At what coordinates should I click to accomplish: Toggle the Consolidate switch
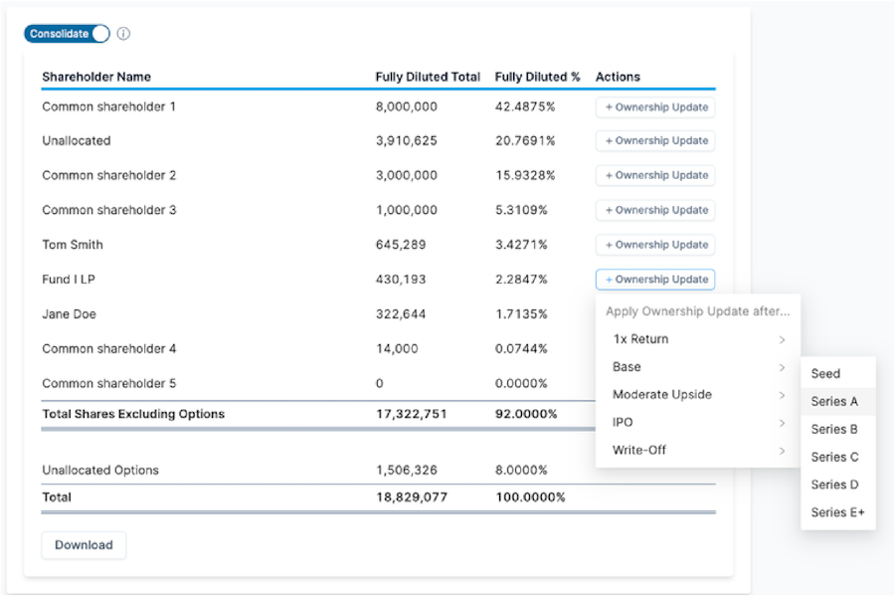click(67, 34)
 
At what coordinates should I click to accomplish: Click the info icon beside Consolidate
click(123, 34)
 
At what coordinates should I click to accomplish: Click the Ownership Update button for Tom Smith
click(655, 245)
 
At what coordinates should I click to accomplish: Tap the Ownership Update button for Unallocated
click(655, 141)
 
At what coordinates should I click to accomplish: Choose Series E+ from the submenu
click(838, 512)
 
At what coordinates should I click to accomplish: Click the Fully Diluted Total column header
click(428, 77)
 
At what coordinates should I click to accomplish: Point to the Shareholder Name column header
click(96, 77)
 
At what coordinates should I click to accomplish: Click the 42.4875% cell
click(525, 106)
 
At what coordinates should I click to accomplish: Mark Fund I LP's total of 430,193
click(401, 280)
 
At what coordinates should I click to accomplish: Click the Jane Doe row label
click(69, 314)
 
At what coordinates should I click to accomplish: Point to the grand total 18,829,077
click(412, 497)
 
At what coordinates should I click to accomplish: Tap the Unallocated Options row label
click(100, 470)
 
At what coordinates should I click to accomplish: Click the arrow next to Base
click(782, 367)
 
